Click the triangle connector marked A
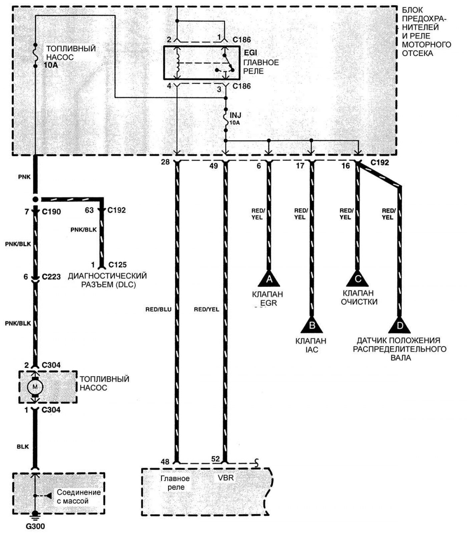[x=269, y=279]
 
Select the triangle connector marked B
[x=312, y=325]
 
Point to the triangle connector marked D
[x=399, y=325]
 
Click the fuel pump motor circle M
[x=35, y=387]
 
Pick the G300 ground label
[x=35, y=527]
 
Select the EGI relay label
[x=251, y=53]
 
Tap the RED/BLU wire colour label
[x=158, y=309]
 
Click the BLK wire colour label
[x=23, y=447]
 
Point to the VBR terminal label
[x=225, y=478]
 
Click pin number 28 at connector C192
[x=165, y=162]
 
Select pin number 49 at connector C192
[x=213, y=165]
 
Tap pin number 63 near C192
[x=89, y=210]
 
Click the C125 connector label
[x=118, y=265]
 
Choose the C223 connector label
[x=51, y=277]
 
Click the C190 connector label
[x=51, y=212]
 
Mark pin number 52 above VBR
[x=215, y=459]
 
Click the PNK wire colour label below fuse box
[x=24, y=177]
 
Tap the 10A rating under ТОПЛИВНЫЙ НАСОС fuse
[x=51, y=65]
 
